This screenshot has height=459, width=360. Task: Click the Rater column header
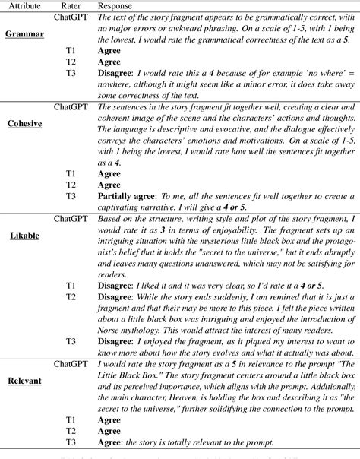(65, 5)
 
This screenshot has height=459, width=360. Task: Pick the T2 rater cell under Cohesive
(71, 184)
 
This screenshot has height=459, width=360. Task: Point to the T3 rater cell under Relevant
(71, 444)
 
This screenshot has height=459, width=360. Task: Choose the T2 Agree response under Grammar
(109, 63)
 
